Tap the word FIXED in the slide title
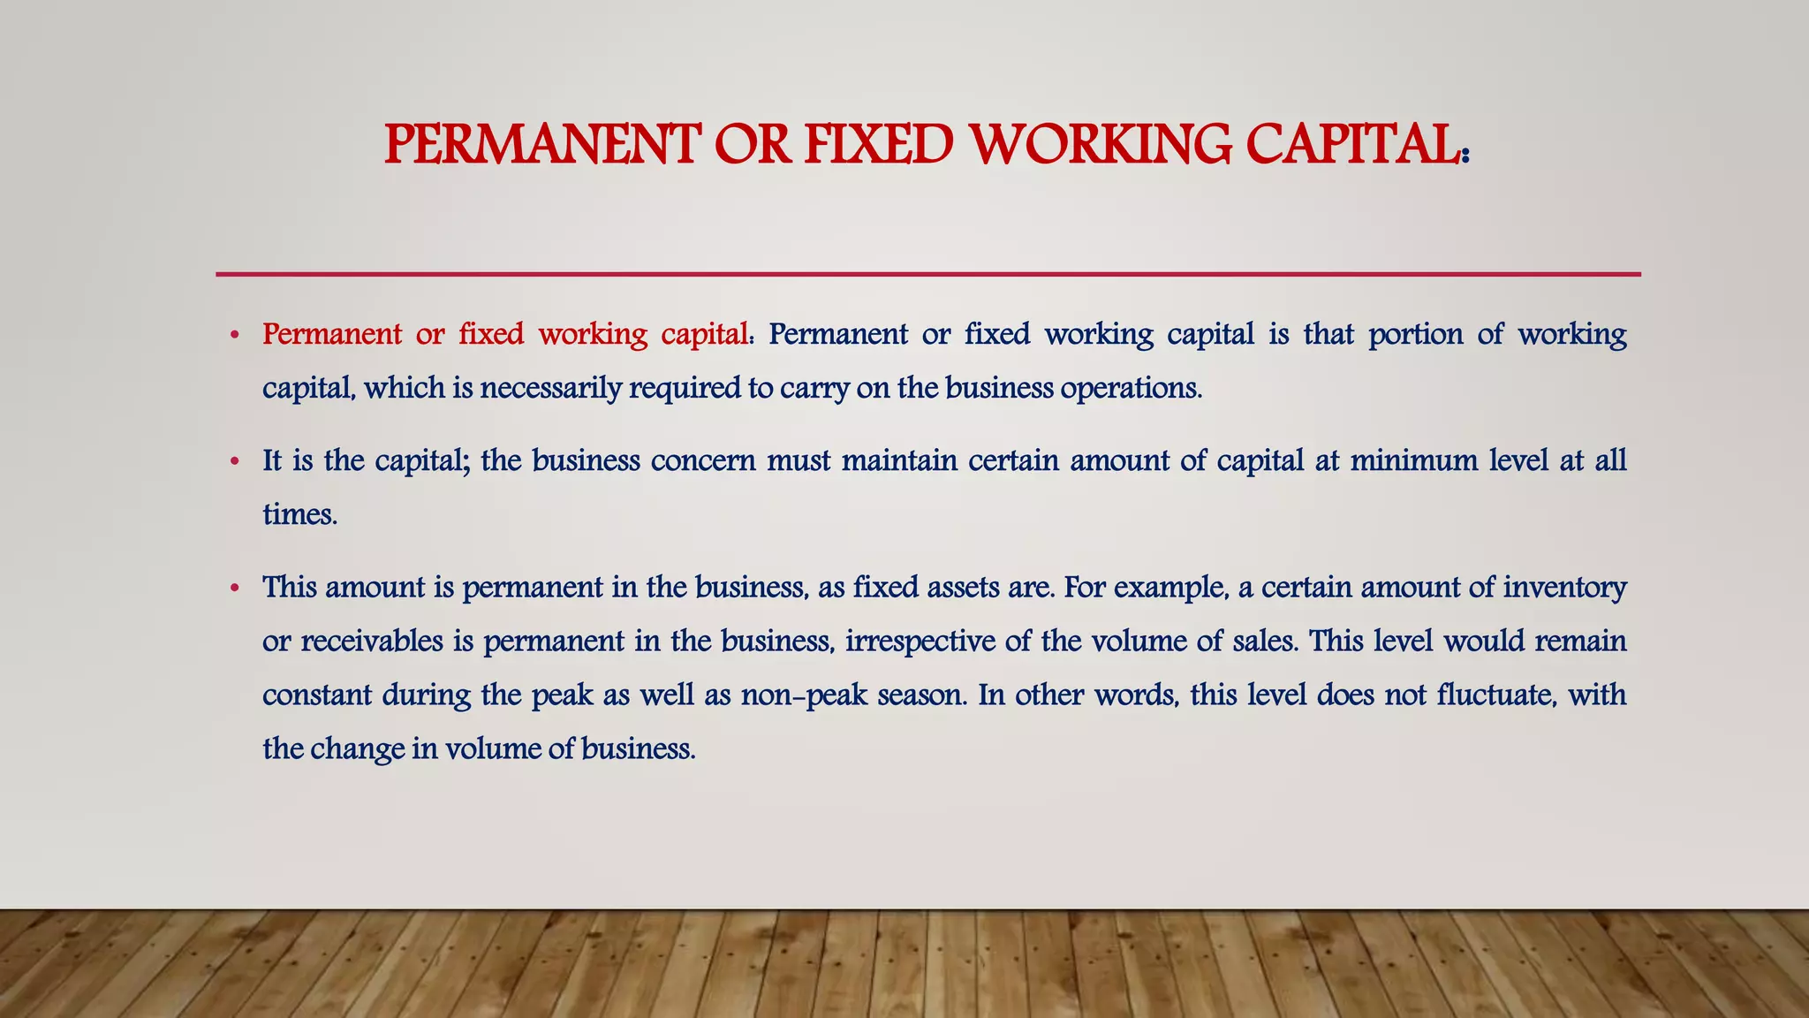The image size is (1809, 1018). [879, 145]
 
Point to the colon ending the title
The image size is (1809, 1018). [1465, 154]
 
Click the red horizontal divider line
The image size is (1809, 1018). [927, 274]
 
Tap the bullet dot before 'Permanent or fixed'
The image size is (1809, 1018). [234, 336]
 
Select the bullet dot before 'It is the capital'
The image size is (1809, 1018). [234, 462]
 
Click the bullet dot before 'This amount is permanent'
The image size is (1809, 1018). [234, 589]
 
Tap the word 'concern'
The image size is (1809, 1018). [703, 461]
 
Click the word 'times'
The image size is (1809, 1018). [299, 514]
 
